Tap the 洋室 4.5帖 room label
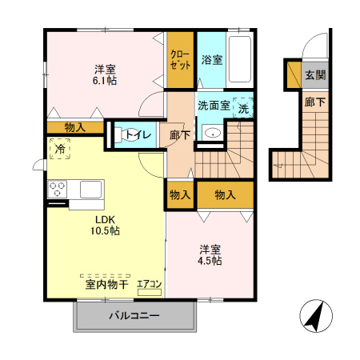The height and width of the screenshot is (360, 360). point(210,254)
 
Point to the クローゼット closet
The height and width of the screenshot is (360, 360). point(180,60)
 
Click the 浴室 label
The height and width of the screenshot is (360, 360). point(211,60)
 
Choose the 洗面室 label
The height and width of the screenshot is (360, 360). point(214,106)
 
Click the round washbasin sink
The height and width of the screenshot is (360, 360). point(212,134)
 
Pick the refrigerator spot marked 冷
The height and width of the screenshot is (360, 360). point(59,148)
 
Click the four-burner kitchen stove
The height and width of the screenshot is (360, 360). point(59,190)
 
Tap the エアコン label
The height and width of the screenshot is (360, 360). point(149,284)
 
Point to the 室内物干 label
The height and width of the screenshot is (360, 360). point(102,283)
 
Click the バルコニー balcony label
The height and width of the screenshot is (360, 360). point(134,316)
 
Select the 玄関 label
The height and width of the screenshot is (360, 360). point(315,76)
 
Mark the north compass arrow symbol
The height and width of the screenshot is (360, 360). point(313,318)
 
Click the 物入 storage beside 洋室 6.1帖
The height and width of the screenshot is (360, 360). point(75,127)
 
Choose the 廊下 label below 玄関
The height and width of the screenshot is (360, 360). point(315,102)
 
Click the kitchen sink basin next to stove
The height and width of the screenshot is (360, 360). point(89,190)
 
